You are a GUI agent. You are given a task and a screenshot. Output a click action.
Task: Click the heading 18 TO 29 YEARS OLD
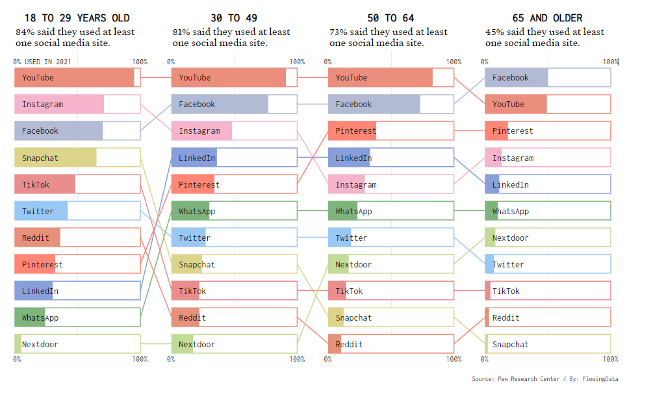77,18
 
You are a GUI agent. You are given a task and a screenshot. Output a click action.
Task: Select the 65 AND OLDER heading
547,18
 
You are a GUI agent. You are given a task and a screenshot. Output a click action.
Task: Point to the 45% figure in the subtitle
494,32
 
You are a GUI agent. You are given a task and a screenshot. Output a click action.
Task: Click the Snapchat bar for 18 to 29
77,158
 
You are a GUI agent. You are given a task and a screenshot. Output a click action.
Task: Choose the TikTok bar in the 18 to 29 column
77,184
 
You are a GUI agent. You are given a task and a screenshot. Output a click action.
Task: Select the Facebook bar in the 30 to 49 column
234,104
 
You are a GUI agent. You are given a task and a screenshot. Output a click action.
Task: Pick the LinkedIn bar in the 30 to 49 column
234,158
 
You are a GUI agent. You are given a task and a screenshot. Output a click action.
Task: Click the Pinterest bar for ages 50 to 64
391,130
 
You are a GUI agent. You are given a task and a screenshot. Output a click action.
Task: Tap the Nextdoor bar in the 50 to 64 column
391,264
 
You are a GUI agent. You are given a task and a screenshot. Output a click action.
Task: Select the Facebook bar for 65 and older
547,77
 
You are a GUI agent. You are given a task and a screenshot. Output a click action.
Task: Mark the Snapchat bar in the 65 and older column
547,344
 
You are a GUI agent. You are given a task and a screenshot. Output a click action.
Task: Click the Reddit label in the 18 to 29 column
36,238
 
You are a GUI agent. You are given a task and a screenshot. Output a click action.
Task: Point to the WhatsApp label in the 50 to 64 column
353,211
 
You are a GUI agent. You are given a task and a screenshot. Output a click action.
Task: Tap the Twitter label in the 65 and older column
508,264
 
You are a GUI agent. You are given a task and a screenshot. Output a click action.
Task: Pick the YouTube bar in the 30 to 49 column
234,77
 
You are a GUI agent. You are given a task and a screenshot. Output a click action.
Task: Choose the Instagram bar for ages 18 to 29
77,104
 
